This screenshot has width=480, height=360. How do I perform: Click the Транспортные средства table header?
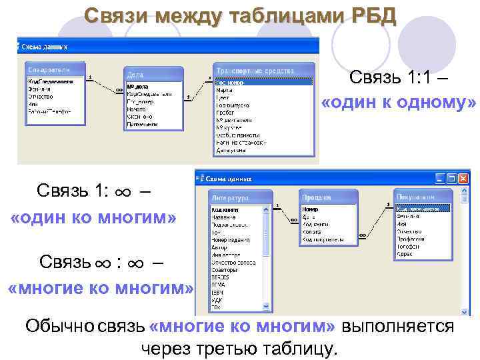[263, 70]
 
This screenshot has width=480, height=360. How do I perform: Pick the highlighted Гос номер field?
[263, 83]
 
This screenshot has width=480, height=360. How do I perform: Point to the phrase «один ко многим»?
[94, 218]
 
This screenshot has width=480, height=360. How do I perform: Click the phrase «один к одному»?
[399, 104]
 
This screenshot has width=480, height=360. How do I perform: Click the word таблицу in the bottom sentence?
[301, 348]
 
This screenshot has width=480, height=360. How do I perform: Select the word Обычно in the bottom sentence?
[59, 327]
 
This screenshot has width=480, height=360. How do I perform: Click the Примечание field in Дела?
[143, 124]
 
